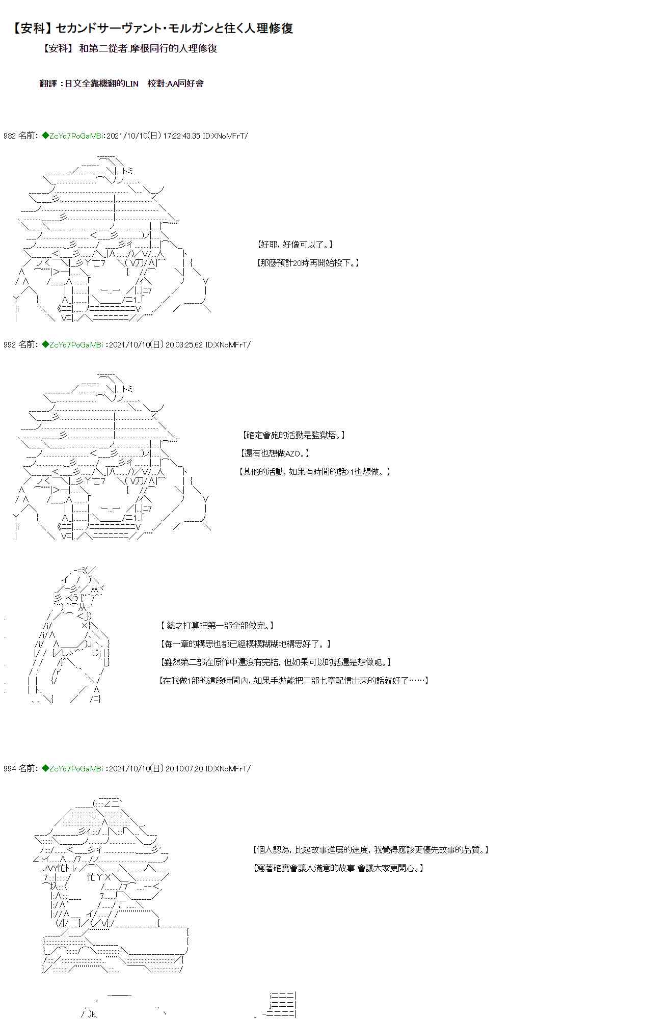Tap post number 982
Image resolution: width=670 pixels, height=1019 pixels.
point(9,136)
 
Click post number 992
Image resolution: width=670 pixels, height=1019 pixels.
point(9,345)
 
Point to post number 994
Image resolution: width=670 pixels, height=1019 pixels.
point(9,768)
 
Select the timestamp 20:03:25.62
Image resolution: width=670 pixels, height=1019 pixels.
point(184,345)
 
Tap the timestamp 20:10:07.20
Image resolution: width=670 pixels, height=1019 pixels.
point(184,768)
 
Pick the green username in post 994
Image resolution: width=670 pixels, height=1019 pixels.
point(72,768)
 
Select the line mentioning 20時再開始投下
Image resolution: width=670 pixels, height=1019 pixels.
point(308,263)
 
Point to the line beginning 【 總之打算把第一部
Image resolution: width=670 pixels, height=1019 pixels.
point(218,625)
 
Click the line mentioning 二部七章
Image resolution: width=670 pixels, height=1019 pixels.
point(294,681)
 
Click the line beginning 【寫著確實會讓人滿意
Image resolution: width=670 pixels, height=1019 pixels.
point(338,868)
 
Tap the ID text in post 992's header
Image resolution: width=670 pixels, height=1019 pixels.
point(228,345)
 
